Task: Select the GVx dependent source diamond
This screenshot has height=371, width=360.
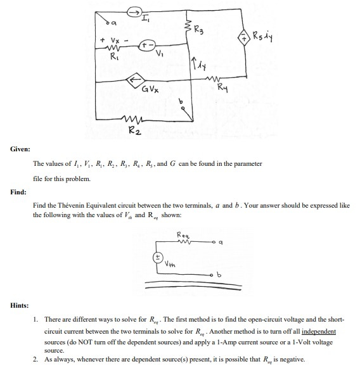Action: point(134,82)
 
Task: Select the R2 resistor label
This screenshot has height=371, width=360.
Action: point(136,131)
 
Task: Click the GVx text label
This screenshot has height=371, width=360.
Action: point(150,93)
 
